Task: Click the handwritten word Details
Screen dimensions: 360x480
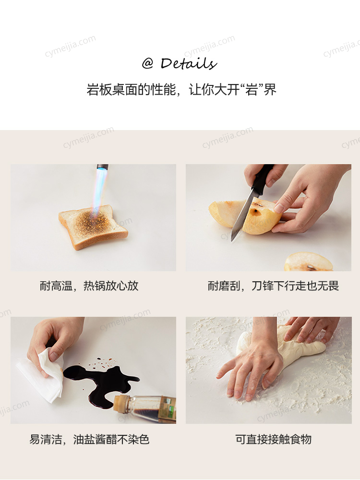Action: point(189,63)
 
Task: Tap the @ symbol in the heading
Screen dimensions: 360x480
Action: point(147,64)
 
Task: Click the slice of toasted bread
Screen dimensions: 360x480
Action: point(93,227)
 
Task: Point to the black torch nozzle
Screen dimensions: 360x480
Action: point(102,167)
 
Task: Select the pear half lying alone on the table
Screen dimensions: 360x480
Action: point(308,262)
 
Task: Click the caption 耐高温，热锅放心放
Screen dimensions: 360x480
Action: point(89,286)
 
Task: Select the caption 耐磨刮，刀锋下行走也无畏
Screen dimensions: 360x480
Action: point(273,286)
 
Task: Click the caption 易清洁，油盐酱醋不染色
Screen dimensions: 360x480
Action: point(89,439)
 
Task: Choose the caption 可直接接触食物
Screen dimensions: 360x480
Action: point(274,439)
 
